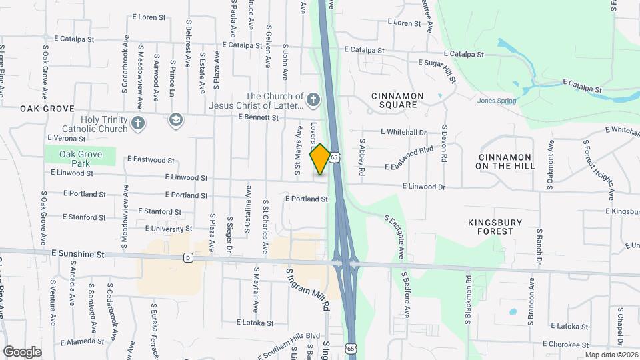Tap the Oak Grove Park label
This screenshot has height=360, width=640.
(x=80, y=158)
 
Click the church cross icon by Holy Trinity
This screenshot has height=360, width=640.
(x=138, y=123)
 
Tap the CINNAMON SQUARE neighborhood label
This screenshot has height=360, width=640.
(x=397, y=100)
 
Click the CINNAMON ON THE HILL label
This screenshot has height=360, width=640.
(x=513, y=161)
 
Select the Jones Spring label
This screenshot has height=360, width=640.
(x=497, y=101)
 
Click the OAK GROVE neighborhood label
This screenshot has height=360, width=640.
(x=46, y=109)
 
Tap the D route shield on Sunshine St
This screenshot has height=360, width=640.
(x=188, y=257)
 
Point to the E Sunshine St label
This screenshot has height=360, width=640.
(x=77, y=254)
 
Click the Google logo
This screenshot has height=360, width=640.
(x=22, y=351)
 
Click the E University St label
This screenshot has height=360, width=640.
(x=164, y=229)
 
